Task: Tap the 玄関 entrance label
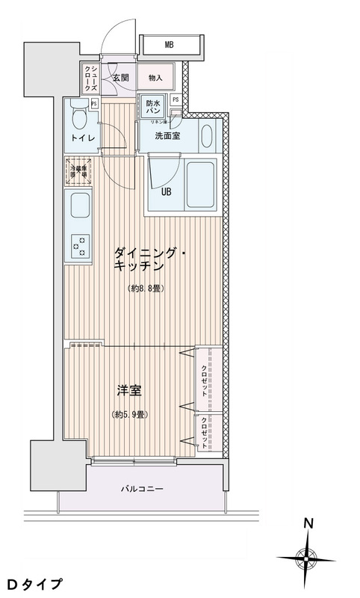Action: pyautogui.click(x=121, y=77)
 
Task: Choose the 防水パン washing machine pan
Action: pyautogui.click(x=153, y=108)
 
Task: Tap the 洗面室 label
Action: pyautogui.click(x=167, y=136)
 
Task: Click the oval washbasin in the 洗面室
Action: pyautogui.click(x=207, y=135)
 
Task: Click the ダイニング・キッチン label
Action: pyautogui.click(x=147, y=259)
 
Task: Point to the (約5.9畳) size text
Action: pyautogui.click(x=128, y=414)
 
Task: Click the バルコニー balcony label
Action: pyautogui.click(x=142, y=490)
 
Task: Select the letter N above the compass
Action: pyautogui.click(x=307, y=525)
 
